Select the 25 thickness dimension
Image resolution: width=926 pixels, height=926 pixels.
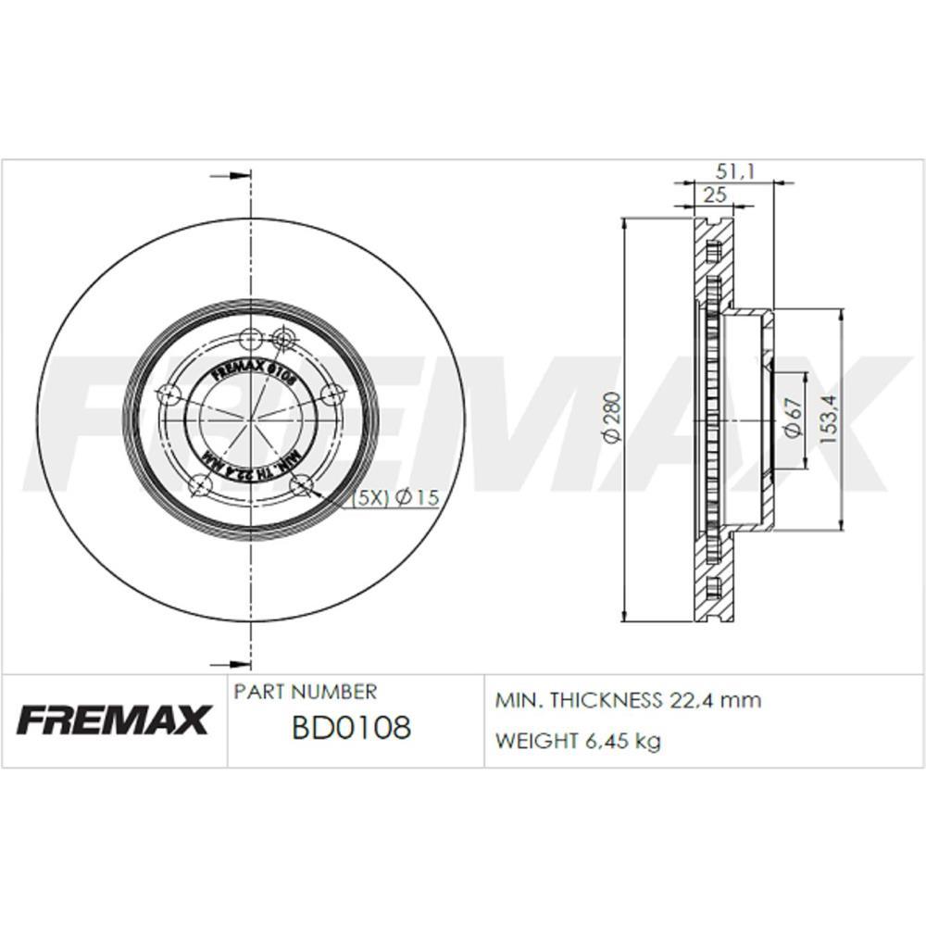(x=714, y=194)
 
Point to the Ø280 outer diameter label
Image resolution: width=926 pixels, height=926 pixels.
(x=610, y=419)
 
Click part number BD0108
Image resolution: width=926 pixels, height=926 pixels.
(x=351, y=728)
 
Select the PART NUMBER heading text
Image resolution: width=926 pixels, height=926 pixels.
(x=306, y=692)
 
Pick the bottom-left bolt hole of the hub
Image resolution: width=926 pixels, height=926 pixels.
(x=197, y=483)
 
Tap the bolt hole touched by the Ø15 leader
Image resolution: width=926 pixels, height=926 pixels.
(x=300, y=483)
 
